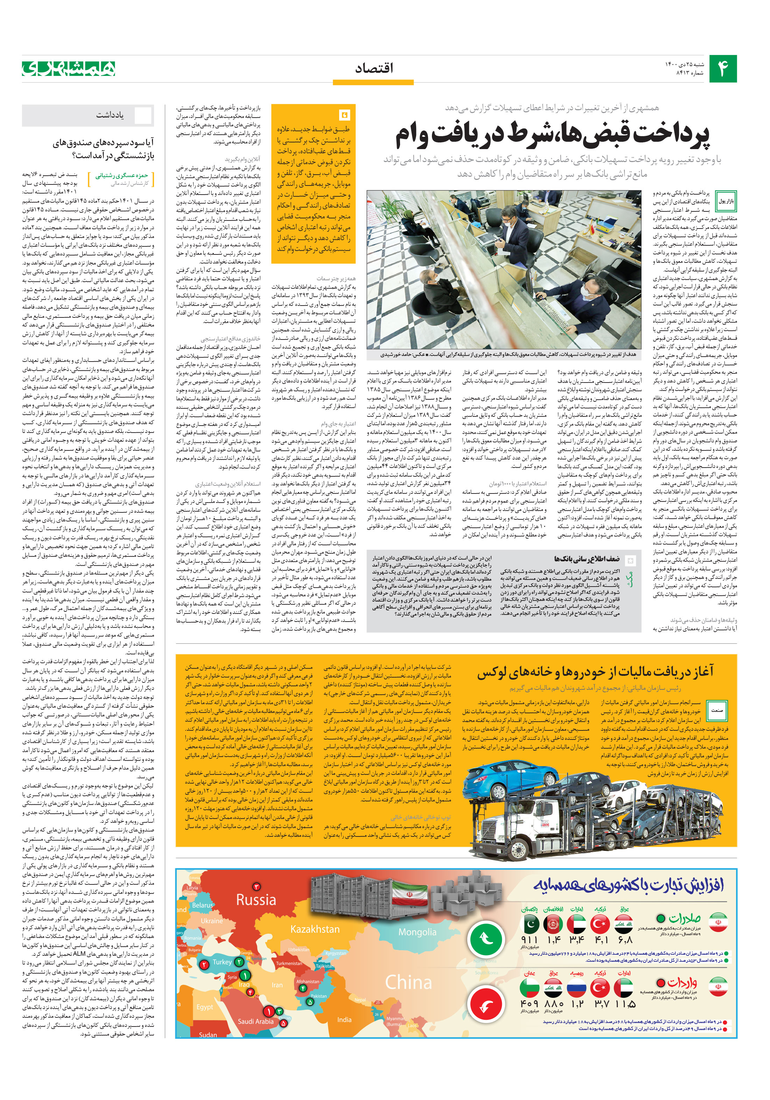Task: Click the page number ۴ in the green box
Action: [722, 69]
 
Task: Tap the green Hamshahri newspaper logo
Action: [69, 69]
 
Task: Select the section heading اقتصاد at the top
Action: [374, 68]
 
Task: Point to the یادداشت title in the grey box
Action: [110, 115]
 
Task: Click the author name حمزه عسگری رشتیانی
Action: [122, 175]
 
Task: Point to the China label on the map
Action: [409, 982]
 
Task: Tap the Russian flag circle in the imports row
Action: [577, 988]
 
